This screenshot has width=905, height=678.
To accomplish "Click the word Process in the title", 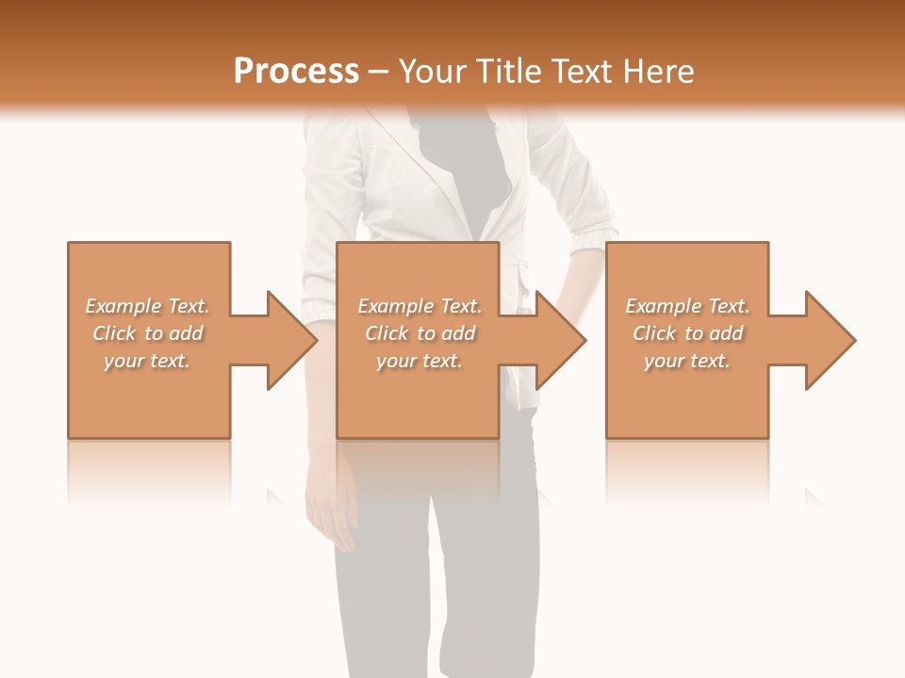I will pos(296,72).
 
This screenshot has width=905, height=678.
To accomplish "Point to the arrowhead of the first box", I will pos(288,340).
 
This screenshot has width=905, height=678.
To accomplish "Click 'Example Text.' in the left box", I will pos(147,306).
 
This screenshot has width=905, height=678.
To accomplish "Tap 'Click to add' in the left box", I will pos(147,333).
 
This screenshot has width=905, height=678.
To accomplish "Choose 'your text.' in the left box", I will pos(147,361).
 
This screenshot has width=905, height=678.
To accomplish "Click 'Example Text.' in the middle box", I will pos(420,306).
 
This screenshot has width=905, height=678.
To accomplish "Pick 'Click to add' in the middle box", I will pos(420,333).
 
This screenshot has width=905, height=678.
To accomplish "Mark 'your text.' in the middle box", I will pos(420,361).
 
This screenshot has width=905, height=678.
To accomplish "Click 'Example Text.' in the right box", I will pos(687,306).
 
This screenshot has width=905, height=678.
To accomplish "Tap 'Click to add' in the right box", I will pos(687,333).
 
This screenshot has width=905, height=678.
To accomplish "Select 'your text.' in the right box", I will pos(687,361).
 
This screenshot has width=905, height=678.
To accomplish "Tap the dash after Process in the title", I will pos(379,72).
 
